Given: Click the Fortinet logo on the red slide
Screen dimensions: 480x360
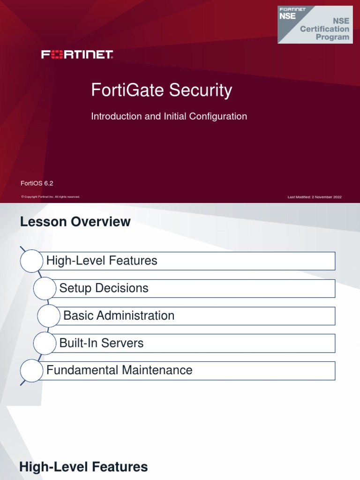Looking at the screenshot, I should pos(77,55).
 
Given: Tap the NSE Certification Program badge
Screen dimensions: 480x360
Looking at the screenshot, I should pos(315,24).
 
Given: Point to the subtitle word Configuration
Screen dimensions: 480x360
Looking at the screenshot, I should pos(218,116).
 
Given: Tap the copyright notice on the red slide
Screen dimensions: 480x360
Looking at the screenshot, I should pos(51,197).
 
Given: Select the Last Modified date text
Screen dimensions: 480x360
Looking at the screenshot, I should pos(315,197).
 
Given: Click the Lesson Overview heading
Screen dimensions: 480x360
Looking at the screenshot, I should pos(75,222).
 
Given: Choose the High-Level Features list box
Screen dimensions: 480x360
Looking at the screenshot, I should pos(187,261).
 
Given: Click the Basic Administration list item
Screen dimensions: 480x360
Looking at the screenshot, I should pos(197,315).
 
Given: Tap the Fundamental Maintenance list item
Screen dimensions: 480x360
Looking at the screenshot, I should pos(187,370).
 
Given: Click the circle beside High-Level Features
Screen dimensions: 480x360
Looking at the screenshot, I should pos(31,261).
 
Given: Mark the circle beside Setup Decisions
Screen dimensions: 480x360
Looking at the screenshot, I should pos(45,288).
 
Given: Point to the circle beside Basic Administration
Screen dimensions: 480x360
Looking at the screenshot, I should pos(49,315).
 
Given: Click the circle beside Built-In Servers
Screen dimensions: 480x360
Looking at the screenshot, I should pos(45,343).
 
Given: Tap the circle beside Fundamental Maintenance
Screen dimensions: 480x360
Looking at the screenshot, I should pos(31,370).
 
